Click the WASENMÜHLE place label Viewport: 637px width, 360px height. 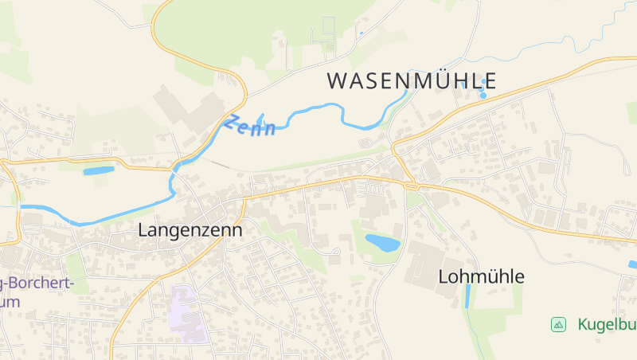click(x=412, y=80)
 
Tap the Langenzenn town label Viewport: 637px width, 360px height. click(x=190, y=229)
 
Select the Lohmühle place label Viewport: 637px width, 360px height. click(x=482, y=277)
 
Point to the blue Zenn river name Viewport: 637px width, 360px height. click(x=251, y=127)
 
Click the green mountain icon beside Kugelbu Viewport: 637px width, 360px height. click(x=559, y=324)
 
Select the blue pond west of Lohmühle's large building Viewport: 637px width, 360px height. click(x=382, y=242)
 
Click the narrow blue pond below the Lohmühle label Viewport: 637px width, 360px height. click(x=467, y=296)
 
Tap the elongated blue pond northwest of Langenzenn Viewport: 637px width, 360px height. click(x=99, y=170)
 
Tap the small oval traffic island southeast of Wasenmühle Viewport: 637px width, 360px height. click(x=365, y=143)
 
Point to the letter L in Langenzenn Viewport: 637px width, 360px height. click(x=143, y=229)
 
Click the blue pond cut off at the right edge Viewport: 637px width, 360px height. click(x=632, y=264)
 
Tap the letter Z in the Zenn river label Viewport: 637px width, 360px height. click(x=233, y=123)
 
